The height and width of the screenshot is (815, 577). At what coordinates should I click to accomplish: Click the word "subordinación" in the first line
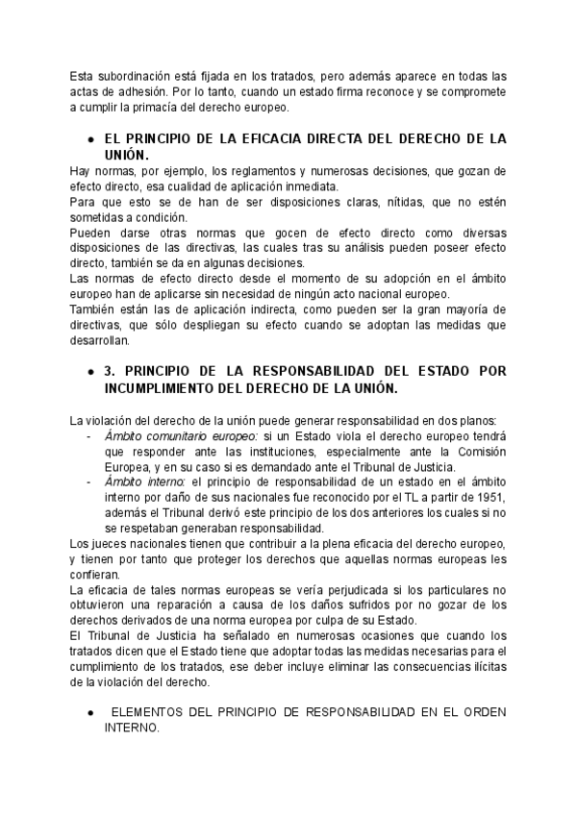(x=136, y=76)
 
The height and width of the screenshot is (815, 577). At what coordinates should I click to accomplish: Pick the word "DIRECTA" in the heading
(x=366, y=138)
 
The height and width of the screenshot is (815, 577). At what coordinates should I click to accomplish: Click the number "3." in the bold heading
(x=110, y=371)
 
